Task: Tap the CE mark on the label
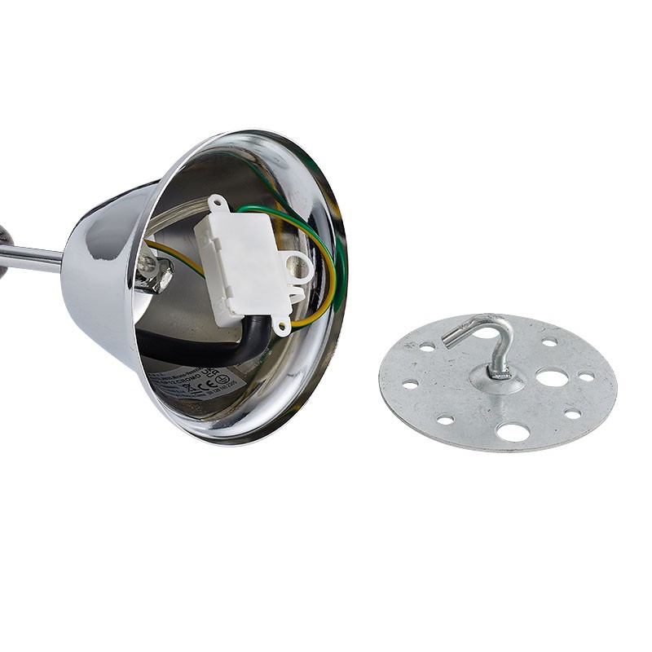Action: [x=208, y=382]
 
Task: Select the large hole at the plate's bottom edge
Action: [x=513, y=431]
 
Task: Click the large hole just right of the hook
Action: [x=552, y=377]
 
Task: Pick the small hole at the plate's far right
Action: [x=585, y=377]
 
